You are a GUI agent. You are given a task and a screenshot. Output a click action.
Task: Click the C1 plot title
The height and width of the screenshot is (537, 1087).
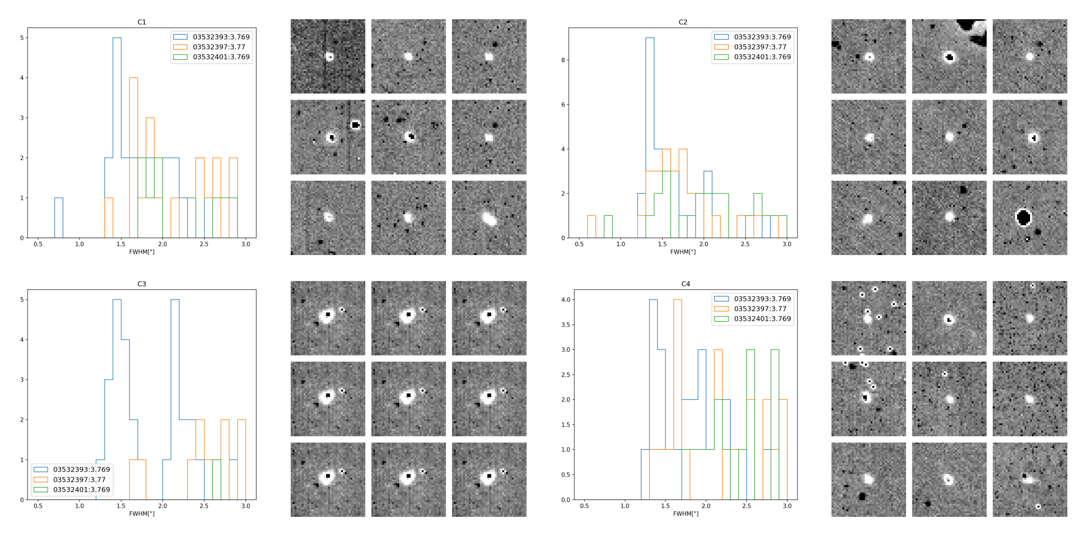pos(142,22)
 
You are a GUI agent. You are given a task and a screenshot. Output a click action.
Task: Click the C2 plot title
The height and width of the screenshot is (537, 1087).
pos(683,22)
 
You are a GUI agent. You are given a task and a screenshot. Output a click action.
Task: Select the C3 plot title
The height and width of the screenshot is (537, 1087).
pos(142,284)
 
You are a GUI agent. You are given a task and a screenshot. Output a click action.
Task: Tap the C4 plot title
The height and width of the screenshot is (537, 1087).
pos(685,284)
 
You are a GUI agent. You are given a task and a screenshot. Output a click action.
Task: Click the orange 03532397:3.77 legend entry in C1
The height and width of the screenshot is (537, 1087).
pos(219,47)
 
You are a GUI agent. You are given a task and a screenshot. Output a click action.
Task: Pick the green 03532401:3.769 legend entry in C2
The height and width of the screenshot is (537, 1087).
pos(762,57)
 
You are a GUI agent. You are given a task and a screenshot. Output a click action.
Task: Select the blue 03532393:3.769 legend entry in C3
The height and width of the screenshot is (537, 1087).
pos(81,469)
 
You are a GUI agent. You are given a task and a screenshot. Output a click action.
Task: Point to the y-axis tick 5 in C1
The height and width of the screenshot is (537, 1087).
pos(22,38)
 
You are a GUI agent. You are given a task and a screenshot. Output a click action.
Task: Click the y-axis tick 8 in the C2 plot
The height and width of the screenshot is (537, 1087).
pos(563,60)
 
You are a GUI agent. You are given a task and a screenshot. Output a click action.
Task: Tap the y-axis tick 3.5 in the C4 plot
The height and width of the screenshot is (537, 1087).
pos(566,325)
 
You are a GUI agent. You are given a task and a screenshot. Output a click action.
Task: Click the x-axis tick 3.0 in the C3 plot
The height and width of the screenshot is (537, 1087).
pos(246,506)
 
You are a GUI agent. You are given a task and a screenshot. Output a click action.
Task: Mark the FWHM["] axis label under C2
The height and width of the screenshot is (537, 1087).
pos(683,252)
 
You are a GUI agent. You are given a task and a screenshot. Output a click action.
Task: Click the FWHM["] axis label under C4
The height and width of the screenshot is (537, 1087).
pos(685,514)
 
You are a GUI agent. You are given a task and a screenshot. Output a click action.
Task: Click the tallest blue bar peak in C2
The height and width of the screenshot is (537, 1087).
pos(650,39)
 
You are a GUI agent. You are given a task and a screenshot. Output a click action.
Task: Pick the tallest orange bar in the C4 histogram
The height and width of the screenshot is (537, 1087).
pos(678,300)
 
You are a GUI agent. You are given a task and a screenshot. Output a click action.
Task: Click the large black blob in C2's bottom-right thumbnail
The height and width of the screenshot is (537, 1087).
pos(1024,217)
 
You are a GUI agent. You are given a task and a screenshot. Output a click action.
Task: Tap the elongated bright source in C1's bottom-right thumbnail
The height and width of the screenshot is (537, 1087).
pos(489,218)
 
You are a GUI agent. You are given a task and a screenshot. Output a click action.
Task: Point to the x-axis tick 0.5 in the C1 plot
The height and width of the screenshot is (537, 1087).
pos(38,244)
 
